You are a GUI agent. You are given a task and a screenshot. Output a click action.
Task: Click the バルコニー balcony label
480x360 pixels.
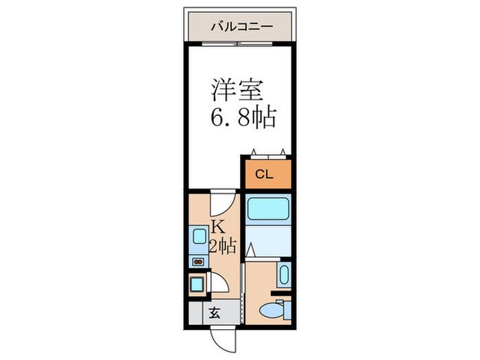tap(241, 27)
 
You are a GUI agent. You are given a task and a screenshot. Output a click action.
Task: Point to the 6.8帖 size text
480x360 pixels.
tap(242, 118)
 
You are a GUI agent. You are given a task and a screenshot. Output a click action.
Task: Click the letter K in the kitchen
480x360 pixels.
tap(217, 227)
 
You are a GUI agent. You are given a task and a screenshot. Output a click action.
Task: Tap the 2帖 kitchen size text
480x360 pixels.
tap(223, 246)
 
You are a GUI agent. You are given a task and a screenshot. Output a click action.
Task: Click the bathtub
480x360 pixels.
tap(268, 208)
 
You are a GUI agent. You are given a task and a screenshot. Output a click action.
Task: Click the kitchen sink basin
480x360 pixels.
tap(200, 237)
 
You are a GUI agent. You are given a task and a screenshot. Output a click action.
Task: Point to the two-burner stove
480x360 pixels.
tap(198, 261)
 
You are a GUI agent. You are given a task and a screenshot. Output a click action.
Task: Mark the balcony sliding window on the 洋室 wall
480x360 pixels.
tap(237, 45)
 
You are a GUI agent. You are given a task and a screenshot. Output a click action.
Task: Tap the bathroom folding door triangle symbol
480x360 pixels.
tap(252, 250)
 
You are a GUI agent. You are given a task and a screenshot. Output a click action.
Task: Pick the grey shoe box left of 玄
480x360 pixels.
tap(196, 313)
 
